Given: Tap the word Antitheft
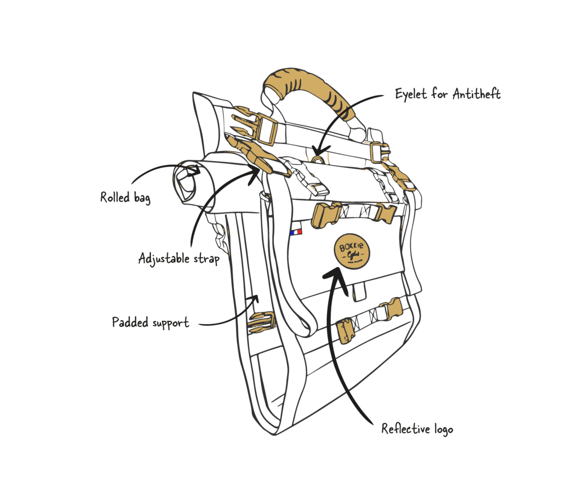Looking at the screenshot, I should pos(477,94).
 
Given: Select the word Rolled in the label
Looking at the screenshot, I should pos(115,197).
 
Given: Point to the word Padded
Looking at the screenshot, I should pos(130,322).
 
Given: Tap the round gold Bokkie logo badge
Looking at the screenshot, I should pos(352,251).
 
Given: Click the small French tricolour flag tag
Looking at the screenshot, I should pos(296,232).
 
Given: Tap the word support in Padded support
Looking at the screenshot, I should pos(171,323).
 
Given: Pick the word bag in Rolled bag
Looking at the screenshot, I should pos(142,198).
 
